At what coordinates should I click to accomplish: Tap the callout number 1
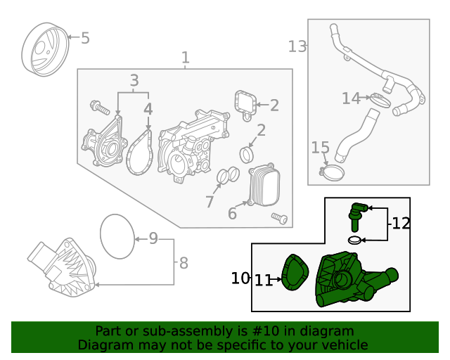pyautogui.click(x=185, y=58)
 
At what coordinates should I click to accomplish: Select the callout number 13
pyautogui.click(x=297, y=46)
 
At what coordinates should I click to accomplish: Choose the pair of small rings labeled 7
pyautogui.click(x=223, y=176)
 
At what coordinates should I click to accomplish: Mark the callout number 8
pyautogui.click(x=184, y=264)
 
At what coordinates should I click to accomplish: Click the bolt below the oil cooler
pyautogui.click(x=280, y=219)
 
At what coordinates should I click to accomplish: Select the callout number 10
pyautogui.click(x=240, y=278)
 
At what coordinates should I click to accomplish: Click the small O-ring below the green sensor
pyautogui.click(x=356, y=240)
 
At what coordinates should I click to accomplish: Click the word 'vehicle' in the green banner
pyautogui.click(x=343, y=345)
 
